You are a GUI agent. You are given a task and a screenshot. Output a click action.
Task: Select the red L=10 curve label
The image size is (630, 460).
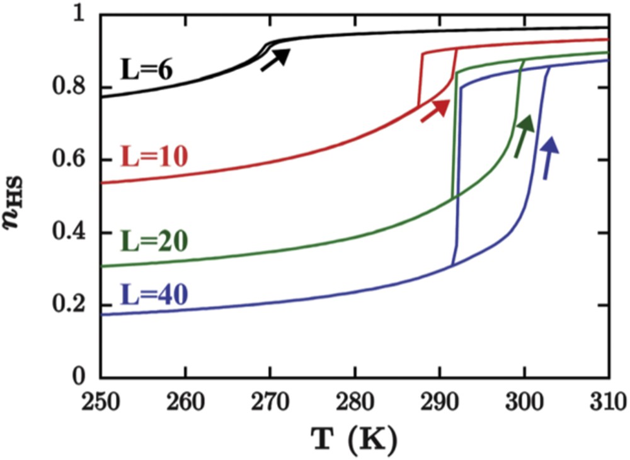[x=154, y=156]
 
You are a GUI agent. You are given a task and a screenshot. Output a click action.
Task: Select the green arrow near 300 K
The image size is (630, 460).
[x=524, y=135]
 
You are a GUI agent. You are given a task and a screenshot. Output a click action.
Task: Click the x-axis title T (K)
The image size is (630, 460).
[x=355, y=435]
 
